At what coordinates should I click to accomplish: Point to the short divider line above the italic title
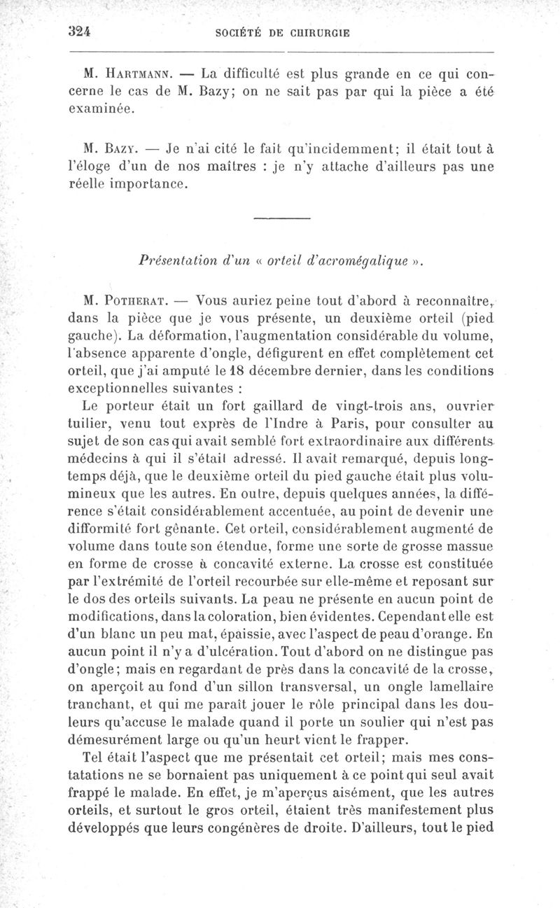click(x=281, y=221)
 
